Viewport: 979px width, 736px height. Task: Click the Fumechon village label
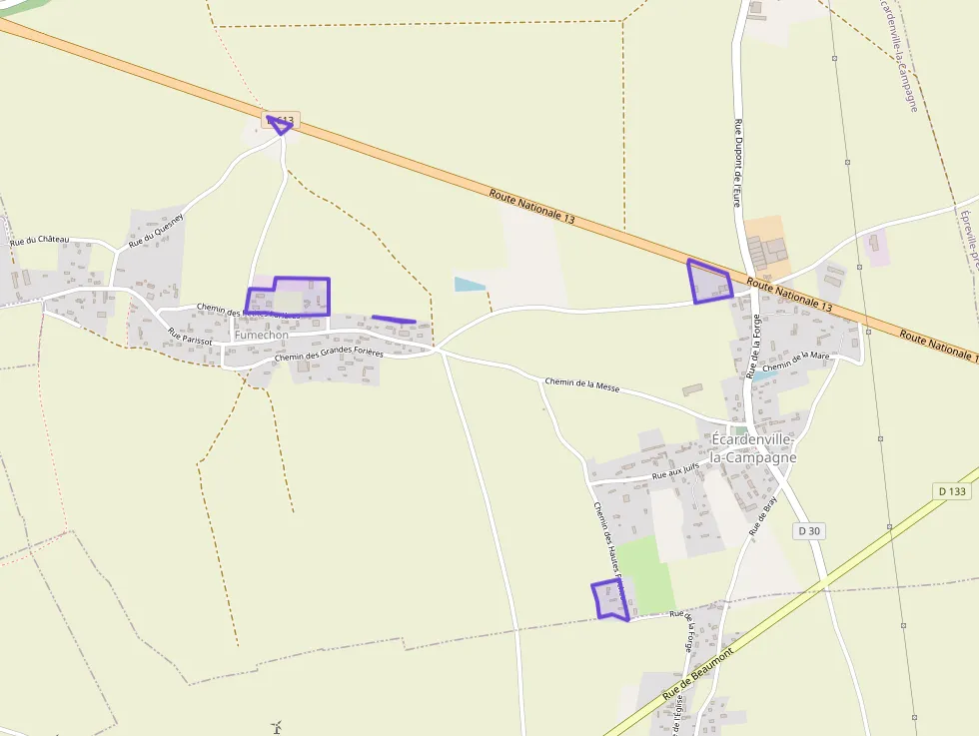point(261,336)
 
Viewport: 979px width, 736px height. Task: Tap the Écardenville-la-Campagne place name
point(752,448)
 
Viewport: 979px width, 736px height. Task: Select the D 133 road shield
point(954,491)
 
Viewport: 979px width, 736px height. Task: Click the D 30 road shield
point(810,531)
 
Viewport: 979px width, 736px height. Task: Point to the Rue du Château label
point(40,241)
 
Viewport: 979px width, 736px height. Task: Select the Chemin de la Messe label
point(582,383)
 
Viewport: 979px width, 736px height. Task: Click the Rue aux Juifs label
point(674,475)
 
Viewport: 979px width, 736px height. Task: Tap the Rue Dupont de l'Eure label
point(739,158)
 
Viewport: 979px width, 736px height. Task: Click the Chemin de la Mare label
point(796,363)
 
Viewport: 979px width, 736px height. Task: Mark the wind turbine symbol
point(277,727)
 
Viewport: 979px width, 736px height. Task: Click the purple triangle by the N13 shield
point(280,125)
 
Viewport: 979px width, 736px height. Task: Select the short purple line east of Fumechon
point(394,320)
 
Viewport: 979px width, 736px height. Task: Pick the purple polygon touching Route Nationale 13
point(710,282)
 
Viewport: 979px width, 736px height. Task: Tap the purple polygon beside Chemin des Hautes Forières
point(609,600)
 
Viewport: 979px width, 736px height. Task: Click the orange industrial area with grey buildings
point(765,244)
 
